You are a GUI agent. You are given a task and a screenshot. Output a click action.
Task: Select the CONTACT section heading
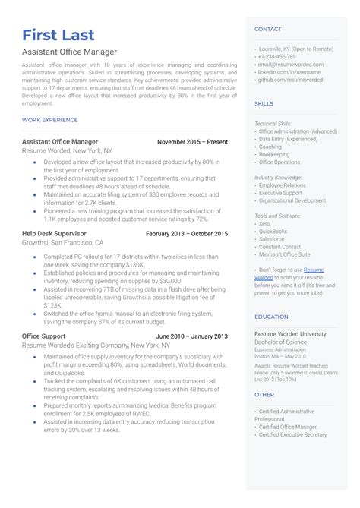click(x=268, y=29)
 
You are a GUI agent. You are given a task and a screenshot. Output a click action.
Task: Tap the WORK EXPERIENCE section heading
click(x=50, y=120)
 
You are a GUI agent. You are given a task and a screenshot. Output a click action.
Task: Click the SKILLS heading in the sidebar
click(x=264, y=103)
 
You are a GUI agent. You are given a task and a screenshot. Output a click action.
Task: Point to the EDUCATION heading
click(x=271, y=317)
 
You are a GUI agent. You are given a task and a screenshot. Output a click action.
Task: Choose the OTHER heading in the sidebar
click(x=264, y=395)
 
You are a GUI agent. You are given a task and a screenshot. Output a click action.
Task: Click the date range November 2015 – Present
click(x=192, y=142)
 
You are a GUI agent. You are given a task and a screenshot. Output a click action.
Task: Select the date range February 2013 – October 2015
click(x=187, y=234)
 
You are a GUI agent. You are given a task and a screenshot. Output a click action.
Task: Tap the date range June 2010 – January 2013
click(x=191, y=336)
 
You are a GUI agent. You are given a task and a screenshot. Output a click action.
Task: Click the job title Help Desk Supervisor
click(x=55, y=234)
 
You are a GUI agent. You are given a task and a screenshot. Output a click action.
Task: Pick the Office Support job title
click(x=44, y=336)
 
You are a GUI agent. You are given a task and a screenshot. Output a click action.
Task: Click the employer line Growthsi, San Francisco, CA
click(x=63, y=243)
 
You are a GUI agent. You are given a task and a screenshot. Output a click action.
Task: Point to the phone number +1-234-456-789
click(x=278, y=57)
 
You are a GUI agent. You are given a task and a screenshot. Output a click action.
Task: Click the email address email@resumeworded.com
click(x=295, y=65)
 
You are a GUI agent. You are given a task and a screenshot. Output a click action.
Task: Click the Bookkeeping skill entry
click(x=274, y=154)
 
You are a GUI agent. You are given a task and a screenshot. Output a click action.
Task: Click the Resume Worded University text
click(x=291, y=333)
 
